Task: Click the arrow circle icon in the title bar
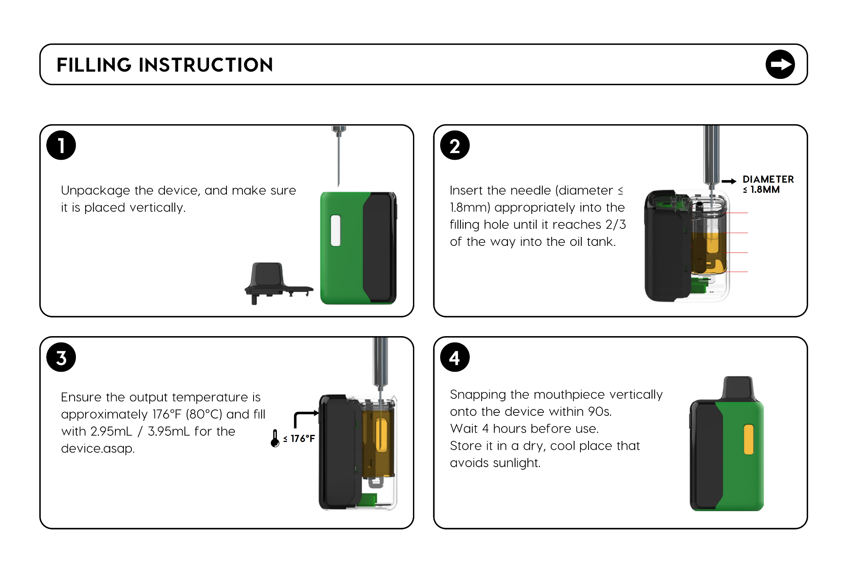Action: [780, 64]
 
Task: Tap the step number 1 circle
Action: [61, 145]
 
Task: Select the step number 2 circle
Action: [455, 145]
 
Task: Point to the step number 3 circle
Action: [61, 357]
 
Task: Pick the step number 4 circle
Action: [455, 357]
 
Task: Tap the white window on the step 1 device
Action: [335, 231]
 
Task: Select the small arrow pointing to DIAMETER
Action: [729, 181]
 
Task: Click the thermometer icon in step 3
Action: [275, 438]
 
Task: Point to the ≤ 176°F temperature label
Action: [299, 439]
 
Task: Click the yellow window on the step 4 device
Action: [749, 440]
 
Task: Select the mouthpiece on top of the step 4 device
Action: [738, 388]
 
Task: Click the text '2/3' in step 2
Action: [616, 224]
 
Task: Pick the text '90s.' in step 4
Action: [600, 411]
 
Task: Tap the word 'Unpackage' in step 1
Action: [95, 191]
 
